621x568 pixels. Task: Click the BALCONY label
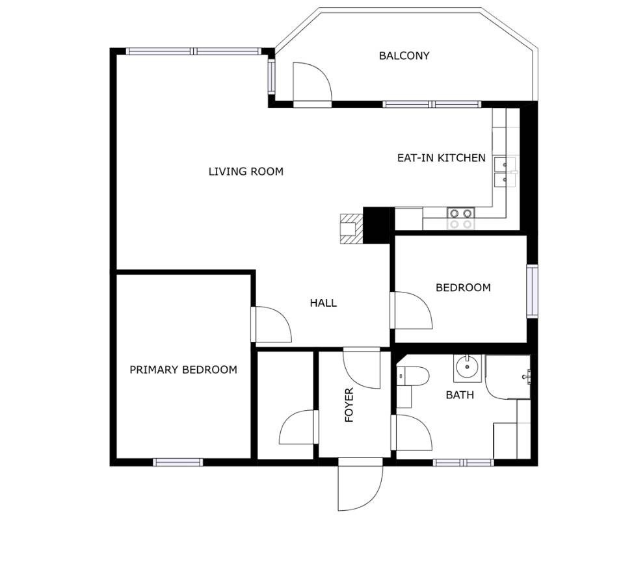pyautogui.click(x=404, y=56)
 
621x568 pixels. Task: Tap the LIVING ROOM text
pyautogui.click(x=246, y=172)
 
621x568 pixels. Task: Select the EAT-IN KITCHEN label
pyautogui.click(x=441, y=158)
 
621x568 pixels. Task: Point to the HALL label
pyautogui.click(x=323, y=303)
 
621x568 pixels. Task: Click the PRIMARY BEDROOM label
pyautogui.click(x=183, y=370)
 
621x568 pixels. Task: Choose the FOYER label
pyautogui.click(x=349, y=405)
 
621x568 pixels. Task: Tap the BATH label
pyautogui.click(x=460, y=395)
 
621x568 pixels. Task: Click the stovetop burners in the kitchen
pyautogui.click(x=461, y=218)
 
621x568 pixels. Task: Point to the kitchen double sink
pyautogui.click(x=505, y=172)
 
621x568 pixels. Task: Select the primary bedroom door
pyautogui.click(x=271, y=324)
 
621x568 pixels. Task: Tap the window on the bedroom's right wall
pyautogui.click(x=532, y=291)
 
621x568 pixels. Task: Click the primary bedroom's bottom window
pyautogui.click(x=178, y=462)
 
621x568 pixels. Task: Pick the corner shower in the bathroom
pyautogui.click(x=508, y=377)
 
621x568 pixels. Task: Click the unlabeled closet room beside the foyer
pyautogui.click(x=285, y=405)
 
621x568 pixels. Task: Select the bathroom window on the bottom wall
pyautogui.click(x=464, y=462)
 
